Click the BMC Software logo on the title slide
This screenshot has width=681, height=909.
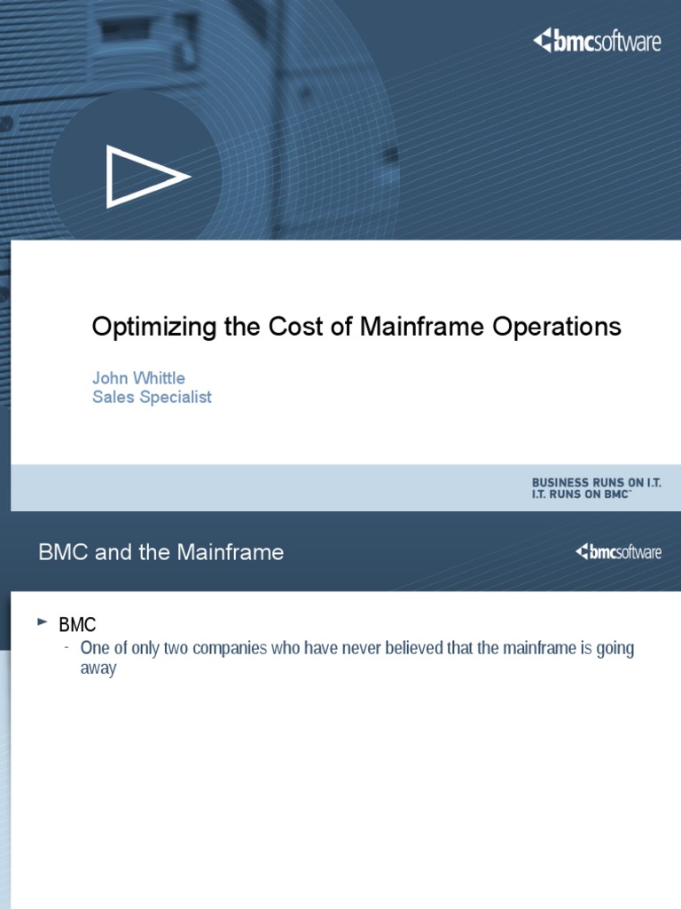tap(597, 41)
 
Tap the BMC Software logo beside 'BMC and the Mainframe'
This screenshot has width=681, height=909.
tap(618, 552)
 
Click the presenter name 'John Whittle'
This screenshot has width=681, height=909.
tap(138, 378)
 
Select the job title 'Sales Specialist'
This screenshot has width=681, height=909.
tap(152, 397)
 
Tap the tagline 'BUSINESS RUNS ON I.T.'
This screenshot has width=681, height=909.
tap(596, 481)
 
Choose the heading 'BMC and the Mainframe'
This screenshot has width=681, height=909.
tap(161, 552)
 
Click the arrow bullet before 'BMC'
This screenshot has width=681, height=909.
tap(42, 623)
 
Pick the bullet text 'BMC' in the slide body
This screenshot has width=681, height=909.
tap(76, 625)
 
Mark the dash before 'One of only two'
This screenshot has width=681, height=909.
tap(67, 647)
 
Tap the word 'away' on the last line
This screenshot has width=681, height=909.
tap(98, 668)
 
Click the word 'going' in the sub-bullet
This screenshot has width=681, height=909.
tap(614, 649)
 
